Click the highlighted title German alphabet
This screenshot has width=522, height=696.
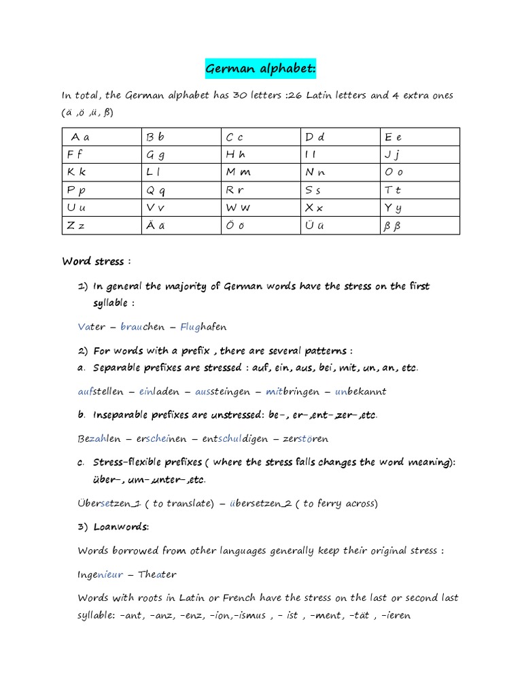261,69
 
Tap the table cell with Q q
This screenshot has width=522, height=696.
180,190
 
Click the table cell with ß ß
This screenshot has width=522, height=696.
420,226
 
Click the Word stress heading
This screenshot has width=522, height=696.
93,261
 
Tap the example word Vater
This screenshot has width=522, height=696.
92,327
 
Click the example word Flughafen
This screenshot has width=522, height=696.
203,327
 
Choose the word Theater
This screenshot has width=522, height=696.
157,574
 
